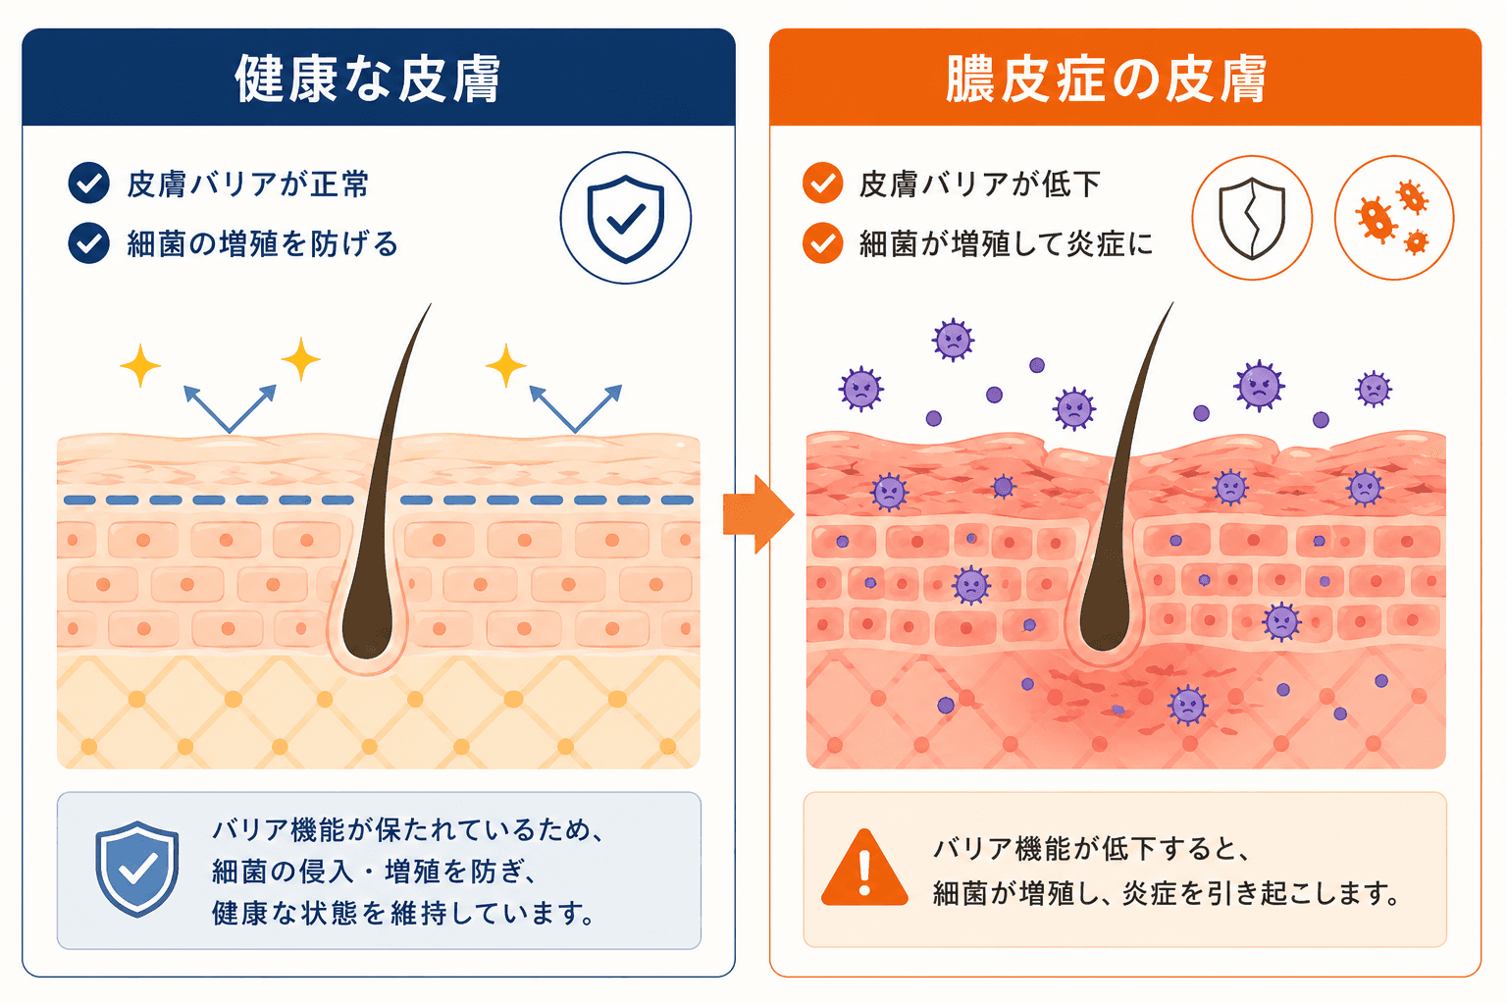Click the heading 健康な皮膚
(x=367, y=79)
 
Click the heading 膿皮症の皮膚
(x=1106, y=79)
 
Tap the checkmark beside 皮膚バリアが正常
(x=89, y=184)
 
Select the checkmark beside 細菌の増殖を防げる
(x=89, y=243)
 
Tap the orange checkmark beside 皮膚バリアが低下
(x=822, y=184)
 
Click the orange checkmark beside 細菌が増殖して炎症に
(x=822, y=243)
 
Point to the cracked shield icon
(x=1251, y=219)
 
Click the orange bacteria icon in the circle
(x=1394, y=218)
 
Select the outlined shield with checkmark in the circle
(x=626, y=219)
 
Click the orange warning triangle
(x=864, y=870)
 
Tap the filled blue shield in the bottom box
(x=137, y=869)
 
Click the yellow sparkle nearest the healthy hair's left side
(x=301, y=359)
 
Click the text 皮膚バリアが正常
(x=247, y=184)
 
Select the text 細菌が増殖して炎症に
(x=1007, y=243)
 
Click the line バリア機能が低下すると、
(x=1091, y=850)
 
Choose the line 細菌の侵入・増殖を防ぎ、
(x=374, y=872)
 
